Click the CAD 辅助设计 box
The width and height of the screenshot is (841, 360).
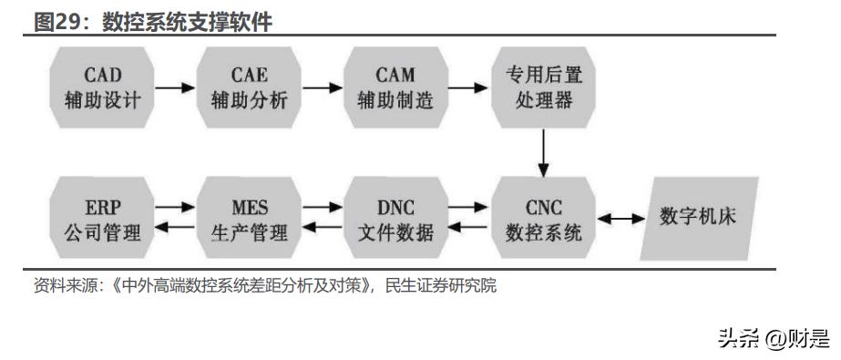click(x=103, y=87)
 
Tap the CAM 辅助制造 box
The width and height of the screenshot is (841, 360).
click(x=395, y=87)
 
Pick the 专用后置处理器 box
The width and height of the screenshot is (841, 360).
click(x=544, y=87)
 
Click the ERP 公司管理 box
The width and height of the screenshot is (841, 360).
click(x=103, y=219)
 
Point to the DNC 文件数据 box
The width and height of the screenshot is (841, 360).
click(x=395, y=219)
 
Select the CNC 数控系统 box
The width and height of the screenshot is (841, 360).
click(x=544, y=219)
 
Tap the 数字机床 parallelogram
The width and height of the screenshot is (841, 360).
click(x=698, y=219)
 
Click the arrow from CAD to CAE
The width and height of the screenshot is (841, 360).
click(x=176, y=88)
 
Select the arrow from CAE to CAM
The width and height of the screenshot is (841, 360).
click(x=322, y=88)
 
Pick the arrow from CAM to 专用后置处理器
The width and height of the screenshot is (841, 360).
click(x=468, y=88)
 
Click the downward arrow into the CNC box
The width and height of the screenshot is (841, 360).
click(x=544, y=153)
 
